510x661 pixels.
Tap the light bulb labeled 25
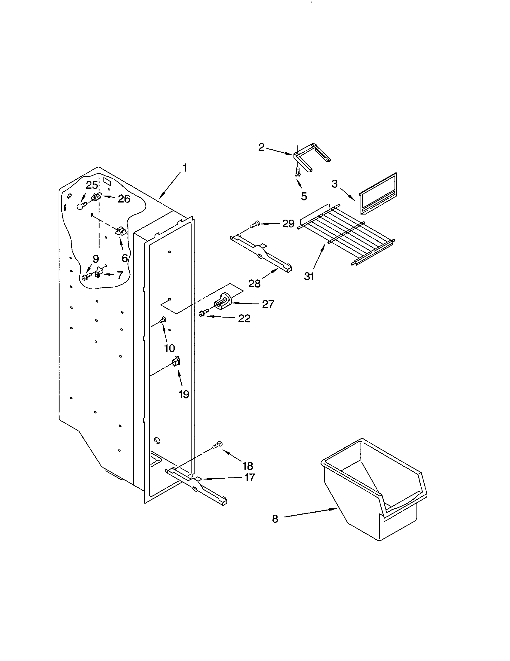point(80,207)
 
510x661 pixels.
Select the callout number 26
point(124,199)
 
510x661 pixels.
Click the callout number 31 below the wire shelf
point(309,276)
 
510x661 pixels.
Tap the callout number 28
point(254,284)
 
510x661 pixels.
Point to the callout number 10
point(170,348)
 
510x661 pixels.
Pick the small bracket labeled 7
point(99,272)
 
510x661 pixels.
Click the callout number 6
point(124,258)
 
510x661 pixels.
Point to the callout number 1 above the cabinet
point(184,168)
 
